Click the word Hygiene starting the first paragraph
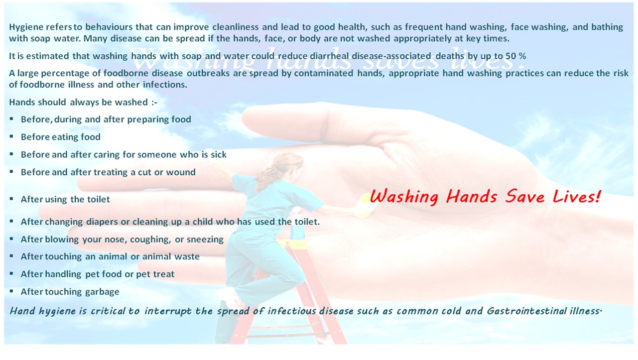tap(25, 27)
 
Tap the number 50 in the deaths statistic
tap(510, 56)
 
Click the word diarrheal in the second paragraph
tap(329, 56)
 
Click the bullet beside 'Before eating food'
tap(11, 136)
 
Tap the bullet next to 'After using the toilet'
tap(11, 199)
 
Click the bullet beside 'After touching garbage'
tap(11, 291)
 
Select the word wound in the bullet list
tap(181, 172)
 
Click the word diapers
tap(102, 222)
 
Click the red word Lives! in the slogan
tap(576, 197)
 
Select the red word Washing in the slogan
tap(404, 197)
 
